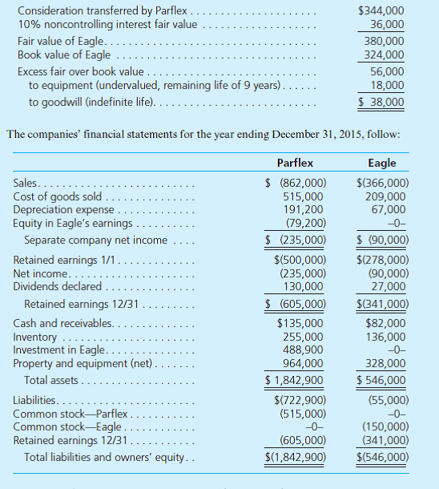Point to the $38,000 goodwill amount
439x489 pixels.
tap(381, 102)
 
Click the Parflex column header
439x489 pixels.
tap(294, 163)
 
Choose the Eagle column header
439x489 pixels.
tap(381, 163)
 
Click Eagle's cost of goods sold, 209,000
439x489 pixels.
tap(385, 196)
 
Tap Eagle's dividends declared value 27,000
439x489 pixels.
tap(389, 285)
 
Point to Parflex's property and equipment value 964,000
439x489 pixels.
tap(304, 362)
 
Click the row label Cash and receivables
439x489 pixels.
tap(62, 324)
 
